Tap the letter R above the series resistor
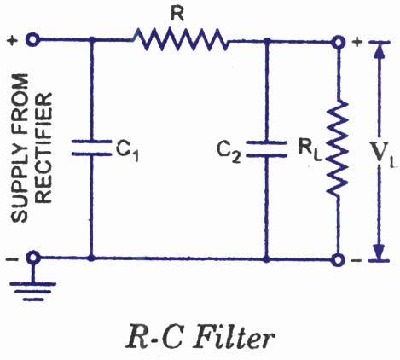click(x=178, y=11)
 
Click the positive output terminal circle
click(x=339, y=40)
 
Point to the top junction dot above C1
click(x=90, y=39)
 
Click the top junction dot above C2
click(x=266, y=39)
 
